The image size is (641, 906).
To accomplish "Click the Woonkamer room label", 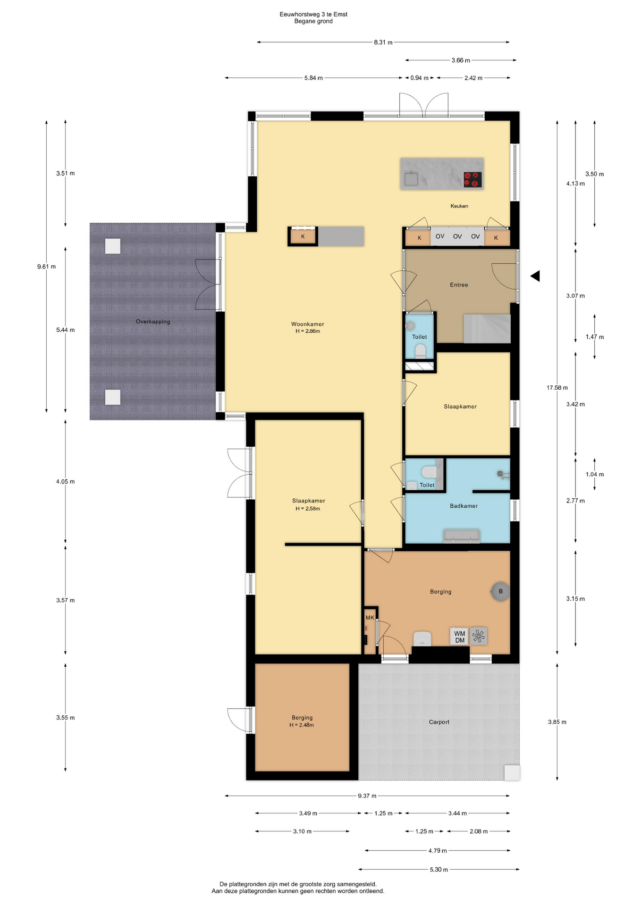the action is [307, 324].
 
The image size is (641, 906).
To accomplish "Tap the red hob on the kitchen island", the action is [472, 179].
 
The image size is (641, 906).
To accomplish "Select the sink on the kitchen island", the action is [411, 179].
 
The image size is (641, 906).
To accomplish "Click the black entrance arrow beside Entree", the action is [535, 276].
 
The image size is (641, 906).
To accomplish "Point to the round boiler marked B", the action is [500, 591].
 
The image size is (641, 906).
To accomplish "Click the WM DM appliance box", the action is [459, 637].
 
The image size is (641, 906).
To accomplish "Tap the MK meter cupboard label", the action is [370, 618].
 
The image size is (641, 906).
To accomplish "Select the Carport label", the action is [439, 722].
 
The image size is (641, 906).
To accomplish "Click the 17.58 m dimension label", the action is [557, 388].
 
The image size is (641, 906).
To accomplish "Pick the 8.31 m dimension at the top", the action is [383, 42].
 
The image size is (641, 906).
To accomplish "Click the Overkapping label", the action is [153, 322].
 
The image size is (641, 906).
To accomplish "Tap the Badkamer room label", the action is [464, 506].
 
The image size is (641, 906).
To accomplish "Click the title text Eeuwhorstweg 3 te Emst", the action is [313, 15].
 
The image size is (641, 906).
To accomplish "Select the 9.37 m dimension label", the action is [367, 796].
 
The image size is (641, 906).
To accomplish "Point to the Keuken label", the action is [459, 206].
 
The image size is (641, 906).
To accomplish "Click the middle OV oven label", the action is [457, 236].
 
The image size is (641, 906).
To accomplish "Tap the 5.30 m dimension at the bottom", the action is [439, 870].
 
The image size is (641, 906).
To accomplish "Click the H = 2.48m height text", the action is [302, 725].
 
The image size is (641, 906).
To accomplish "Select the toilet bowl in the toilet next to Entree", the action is [420, 351].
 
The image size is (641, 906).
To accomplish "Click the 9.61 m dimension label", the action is [46, 267].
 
